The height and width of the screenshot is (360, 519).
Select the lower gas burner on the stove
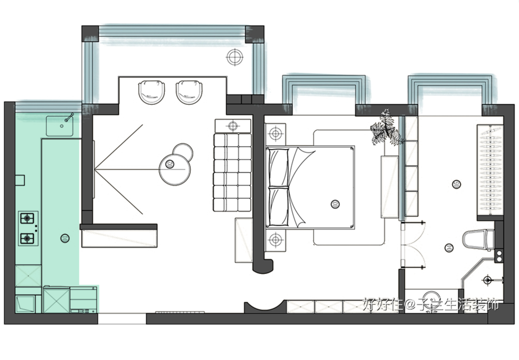point(28,237)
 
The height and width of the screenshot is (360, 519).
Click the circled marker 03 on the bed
point(335,204)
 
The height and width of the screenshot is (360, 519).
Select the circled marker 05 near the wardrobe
point(456,184)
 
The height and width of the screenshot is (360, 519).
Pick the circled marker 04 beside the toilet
point(449,248)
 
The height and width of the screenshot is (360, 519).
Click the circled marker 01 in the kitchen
point(65,237)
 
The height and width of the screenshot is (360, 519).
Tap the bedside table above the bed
point(275,133)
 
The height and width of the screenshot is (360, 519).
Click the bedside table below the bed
point(275,240)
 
